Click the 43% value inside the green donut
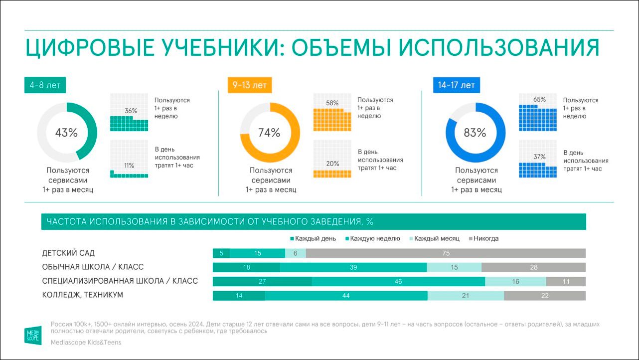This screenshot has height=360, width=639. (66, 133)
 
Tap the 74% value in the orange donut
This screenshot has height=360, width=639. (269, 133)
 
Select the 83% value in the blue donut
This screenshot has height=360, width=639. (475, 133)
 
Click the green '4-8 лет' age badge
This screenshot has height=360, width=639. (45, 85)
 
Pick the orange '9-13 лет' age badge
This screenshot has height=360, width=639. (249, 85)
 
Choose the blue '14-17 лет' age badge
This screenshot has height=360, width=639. (456, 85)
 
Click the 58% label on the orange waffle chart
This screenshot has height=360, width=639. (332, 103)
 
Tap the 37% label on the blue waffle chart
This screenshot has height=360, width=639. (539, 157)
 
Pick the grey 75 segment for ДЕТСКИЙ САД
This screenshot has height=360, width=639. (446, 253)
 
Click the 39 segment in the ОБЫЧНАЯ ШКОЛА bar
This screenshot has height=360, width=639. (353, 267)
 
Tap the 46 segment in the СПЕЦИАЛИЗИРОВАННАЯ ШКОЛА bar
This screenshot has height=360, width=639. (398, 282)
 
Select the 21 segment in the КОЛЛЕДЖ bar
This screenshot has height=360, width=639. (466, 296)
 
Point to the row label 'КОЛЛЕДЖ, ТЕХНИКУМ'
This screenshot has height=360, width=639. (83, 295)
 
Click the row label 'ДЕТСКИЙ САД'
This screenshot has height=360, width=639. (68, 253)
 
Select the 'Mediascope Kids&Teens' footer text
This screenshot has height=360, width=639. (86, 343)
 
